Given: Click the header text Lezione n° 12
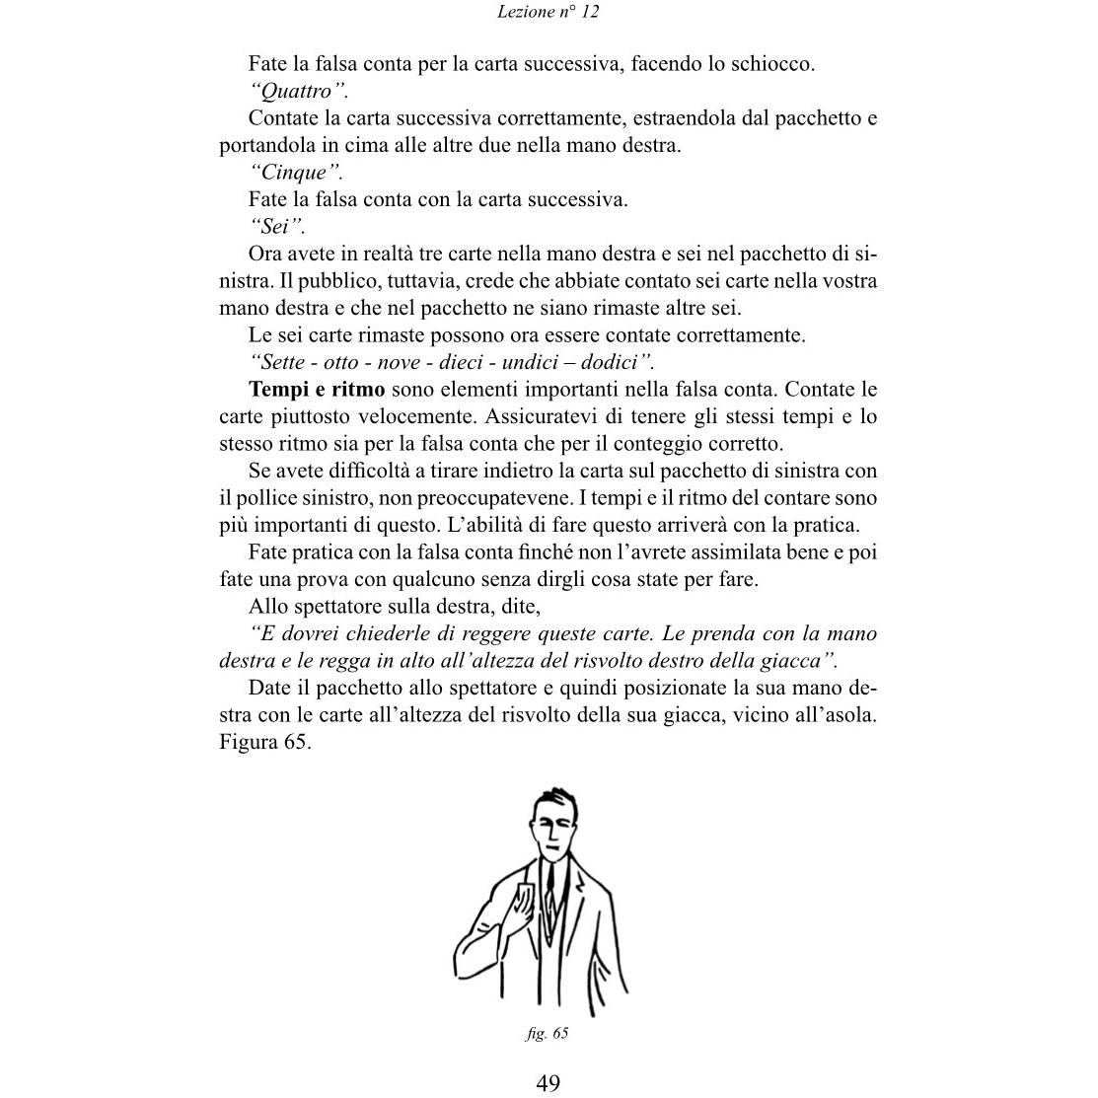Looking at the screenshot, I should (549, 13).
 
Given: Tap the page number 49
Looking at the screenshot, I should (549, 1082).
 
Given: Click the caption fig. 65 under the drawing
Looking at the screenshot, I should (548, 1033).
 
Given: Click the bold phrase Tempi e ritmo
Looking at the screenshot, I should (317, 390).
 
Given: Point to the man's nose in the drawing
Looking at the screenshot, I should (554, 831).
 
